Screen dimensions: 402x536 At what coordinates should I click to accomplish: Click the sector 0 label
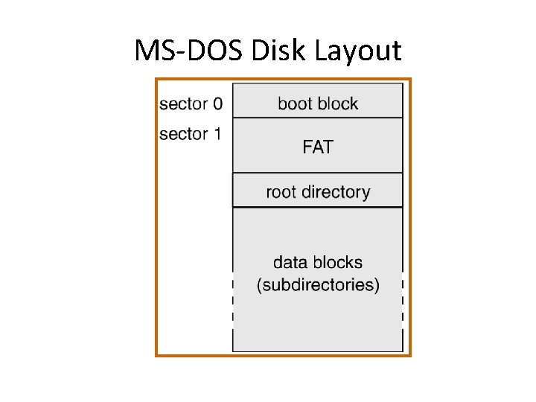point(191,103)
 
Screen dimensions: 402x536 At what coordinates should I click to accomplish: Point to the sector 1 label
point(191,134)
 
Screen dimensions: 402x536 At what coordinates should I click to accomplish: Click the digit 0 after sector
point(217,103)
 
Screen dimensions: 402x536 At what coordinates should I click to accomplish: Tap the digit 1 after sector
point(217,134)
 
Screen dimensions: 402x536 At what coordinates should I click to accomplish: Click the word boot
point(295,103)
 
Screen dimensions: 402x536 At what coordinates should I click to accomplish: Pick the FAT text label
point(318,147)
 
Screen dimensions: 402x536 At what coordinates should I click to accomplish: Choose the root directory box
point(318,191)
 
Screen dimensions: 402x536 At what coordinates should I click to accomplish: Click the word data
point(289,262)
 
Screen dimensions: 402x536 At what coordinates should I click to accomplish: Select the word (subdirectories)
point(318,285)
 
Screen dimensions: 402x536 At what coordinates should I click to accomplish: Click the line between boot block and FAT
point(318,118)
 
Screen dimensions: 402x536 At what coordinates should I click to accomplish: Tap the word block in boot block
point(339,103)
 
